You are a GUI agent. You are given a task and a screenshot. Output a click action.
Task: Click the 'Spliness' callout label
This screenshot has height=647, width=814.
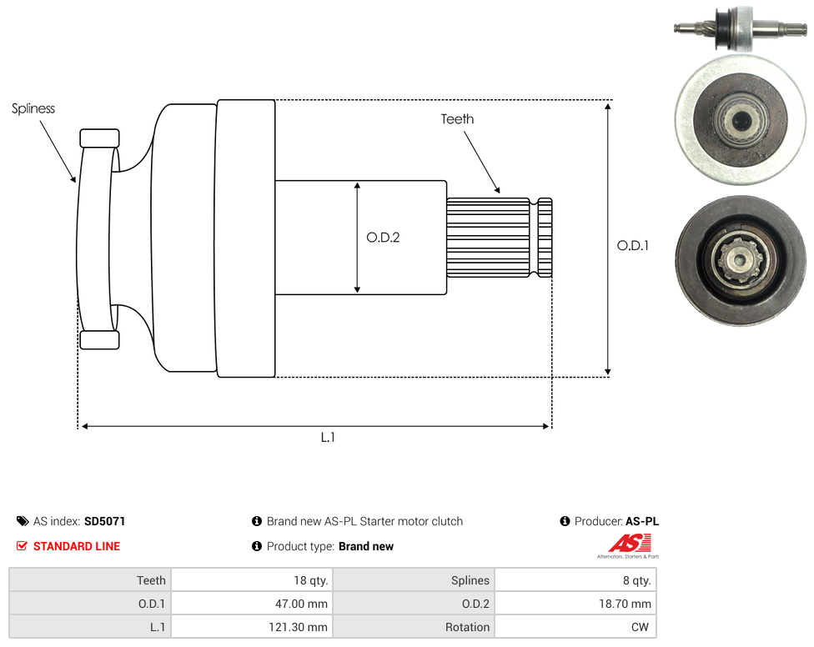coord(33,108)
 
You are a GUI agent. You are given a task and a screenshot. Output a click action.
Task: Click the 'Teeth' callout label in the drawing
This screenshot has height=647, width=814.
coord(457,119)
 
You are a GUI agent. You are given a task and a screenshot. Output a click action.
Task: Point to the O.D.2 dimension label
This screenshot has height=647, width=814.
coord(383,237)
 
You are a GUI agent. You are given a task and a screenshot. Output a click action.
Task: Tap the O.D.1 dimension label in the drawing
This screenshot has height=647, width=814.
coord(633,245)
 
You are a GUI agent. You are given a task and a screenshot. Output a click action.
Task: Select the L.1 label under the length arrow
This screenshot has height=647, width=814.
coord(328,438)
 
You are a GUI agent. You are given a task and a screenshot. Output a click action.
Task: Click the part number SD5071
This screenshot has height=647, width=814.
coord(105,521)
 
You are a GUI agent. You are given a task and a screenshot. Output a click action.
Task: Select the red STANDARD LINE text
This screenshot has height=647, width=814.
coord(77,546)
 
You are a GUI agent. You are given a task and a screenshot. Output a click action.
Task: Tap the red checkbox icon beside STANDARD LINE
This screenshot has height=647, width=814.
coord(22,546)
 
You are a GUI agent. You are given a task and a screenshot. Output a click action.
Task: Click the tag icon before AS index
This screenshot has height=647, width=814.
coord(23,521)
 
